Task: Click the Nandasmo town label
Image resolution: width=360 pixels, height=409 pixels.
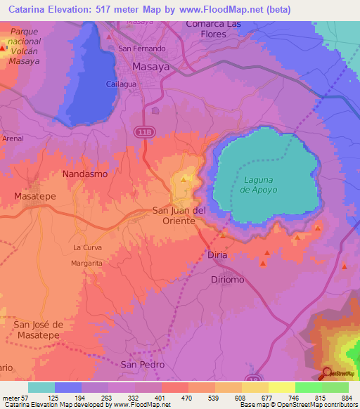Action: [x=84, y=173]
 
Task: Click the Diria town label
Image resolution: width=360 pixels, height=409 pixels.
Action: [x=218, y=254]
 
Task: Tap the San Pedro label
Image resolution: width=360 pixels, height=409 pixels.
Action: [x=142, y=365]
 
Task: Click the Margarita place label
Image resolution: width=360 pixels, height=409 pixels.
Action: [x=86, y=263]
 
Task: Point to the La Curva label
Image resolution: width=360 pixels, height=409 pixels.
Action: [x=87, y=247]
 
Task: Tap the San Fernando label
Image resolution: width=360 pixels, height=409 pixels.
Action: [x=141, y=48]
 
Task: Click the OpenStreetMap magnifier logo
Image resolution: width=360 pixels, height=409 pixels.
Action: [x=328, y=373]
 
